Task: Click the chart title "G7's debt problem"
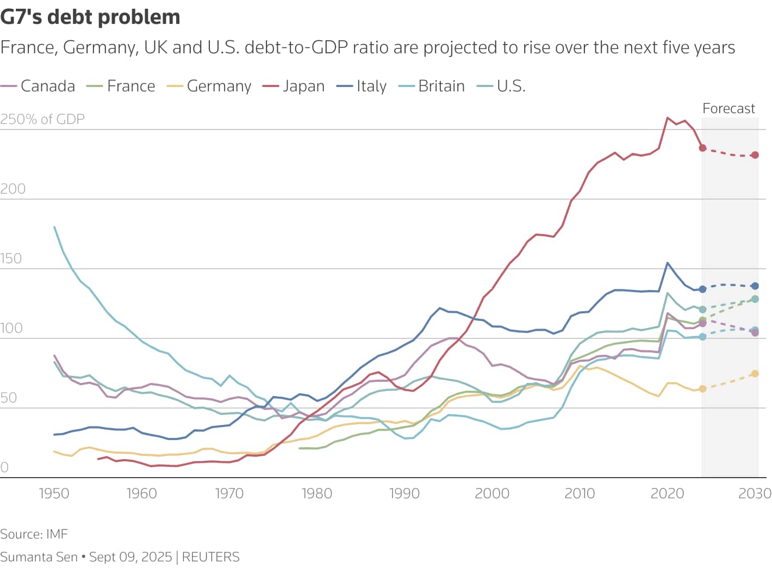[x=90, y=17]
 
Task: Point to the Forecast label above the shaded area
[x=729, y=109]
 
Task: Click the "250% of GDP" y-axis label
[x=42, y=120]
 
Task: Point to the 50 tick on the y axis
[x=9, y=398]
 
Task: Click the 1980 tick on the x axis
[x=316, y=493]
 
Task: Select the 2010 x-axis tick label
[x=580, y=493]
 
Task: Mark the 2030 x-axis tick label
[x=755, y=493]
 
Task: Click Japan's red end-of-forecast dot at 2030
[x=755, y=155]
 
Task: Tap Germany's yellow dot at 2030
[x=755, y=374]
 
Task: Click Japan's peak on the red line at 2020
[x=668, y=117]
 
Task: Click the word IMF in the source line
[x=57, y=534]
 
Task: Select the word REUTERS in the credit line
[x=210, y=557]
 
